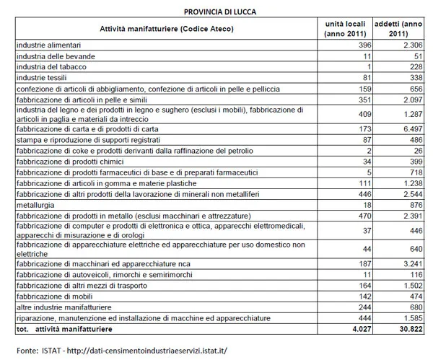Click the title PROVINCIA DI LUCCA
coord(214,10)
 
